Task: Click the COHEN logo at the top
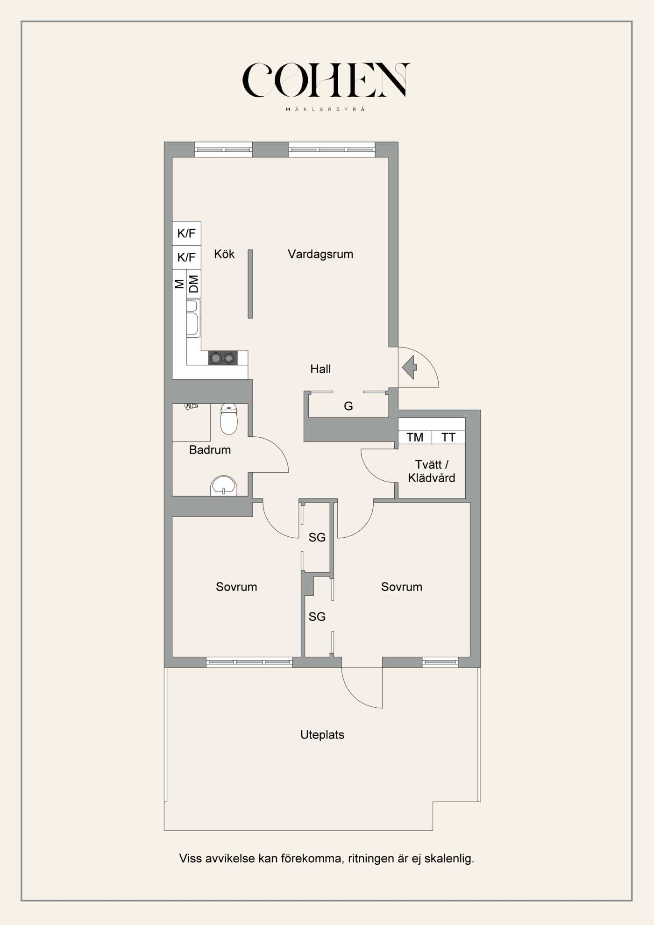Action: [x=326, y=80]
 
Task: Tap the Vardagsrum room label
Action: [x=320, y=254]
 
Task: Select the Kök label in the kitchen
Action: [x=224, y=254]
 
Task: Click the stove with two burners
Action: [x=222, y=358]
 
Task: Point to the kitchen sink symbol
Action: [x=192, y=318]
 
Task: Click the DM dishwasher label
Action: [x=193, y=284]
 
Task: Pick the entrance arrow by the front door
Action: [x=410, y=367]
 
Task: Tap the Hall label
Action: [x=320, y=369]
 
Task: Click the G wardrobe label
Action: [x=348, y=406]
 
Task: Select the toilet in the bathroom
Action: [x=228, y=419]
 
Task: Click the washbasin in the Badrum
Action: [x=224, y=486]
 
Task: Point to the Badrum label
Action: [x=210, y=450]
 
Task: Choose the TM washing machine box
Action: [x=415, y=437]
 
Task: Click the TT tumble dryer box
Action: [x=448, y=437]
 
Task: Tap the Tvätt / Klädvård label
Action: [x=431, y=471]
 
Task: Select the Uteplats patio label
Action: [x=322, y=735]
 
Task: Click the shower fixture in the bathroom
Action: [x=191, y=406]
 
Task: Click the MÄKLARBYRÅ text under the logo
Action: [x=325, y=109]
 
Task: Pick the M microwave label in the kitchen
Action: [x=179, y=284]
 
